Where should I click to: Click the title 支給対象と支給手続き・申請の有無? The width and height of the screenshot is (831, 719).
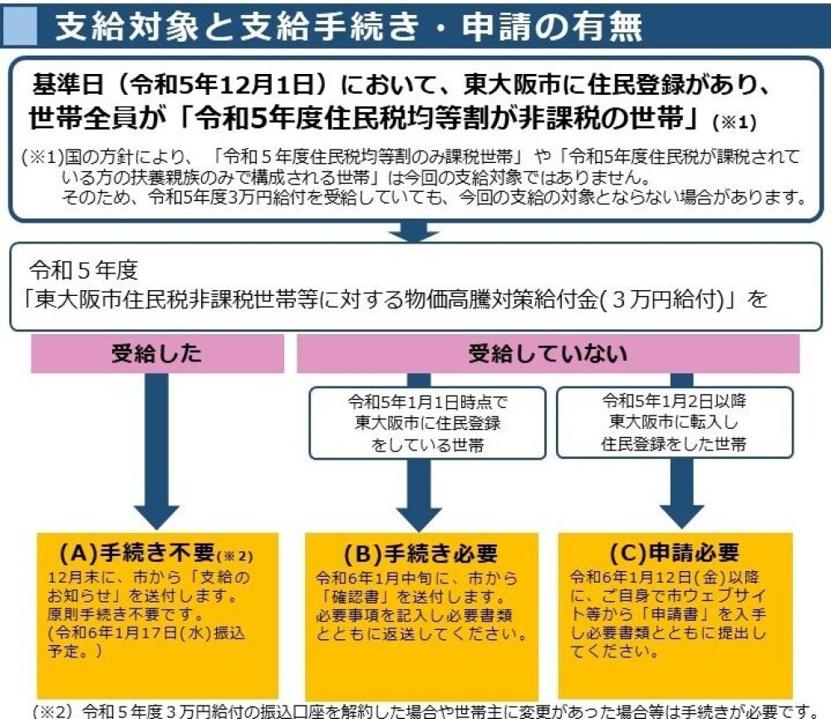tap(348, 27)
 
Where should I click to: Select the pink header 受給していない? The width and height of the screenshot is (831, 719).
tap(548, 356)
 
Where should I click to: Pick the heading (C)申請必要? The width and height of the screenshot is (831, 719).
tap(674, 554)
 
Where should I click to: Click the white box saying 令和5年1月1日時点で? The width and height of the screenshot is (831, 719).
tap(427, 422)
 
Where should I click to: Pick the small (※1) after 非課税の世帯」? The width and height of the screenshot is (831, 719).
tap(735, 122)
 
